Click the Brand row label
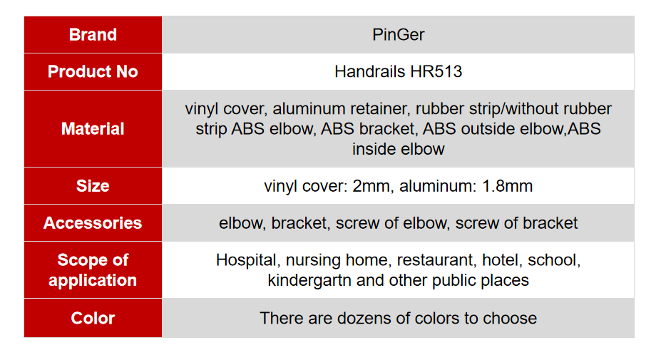pos(93,34)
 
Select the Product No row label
pos(93,72)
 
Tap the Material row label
pos(93,128)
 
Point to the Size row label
pos(93,186)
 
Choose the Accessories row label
pos(93,223)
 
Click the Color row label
pos(93,318)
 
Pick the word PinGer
pos(399,34)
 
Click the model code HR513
pos(436,72)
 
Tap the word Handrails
pos(370,72)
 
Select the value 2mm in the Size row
pos(371,186)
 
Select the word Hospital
pos(247,260)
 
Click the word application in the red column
pos(93,281)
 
